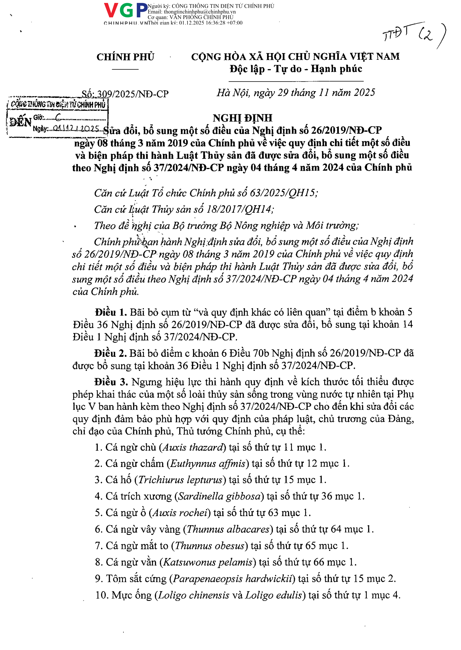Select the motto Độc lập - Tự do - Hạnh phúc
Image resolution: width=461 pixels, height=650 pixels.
click(x=296, y=69)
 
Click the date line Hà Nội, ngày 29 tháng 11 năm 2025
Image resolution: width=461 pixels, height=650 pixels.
click(x=296, y=93)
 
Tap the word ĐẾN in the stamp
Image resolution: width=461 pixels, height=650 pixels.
click(x=20, y=122)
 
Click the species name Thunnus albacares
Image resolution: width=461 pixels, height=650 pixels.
click(x=228, y=529)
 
